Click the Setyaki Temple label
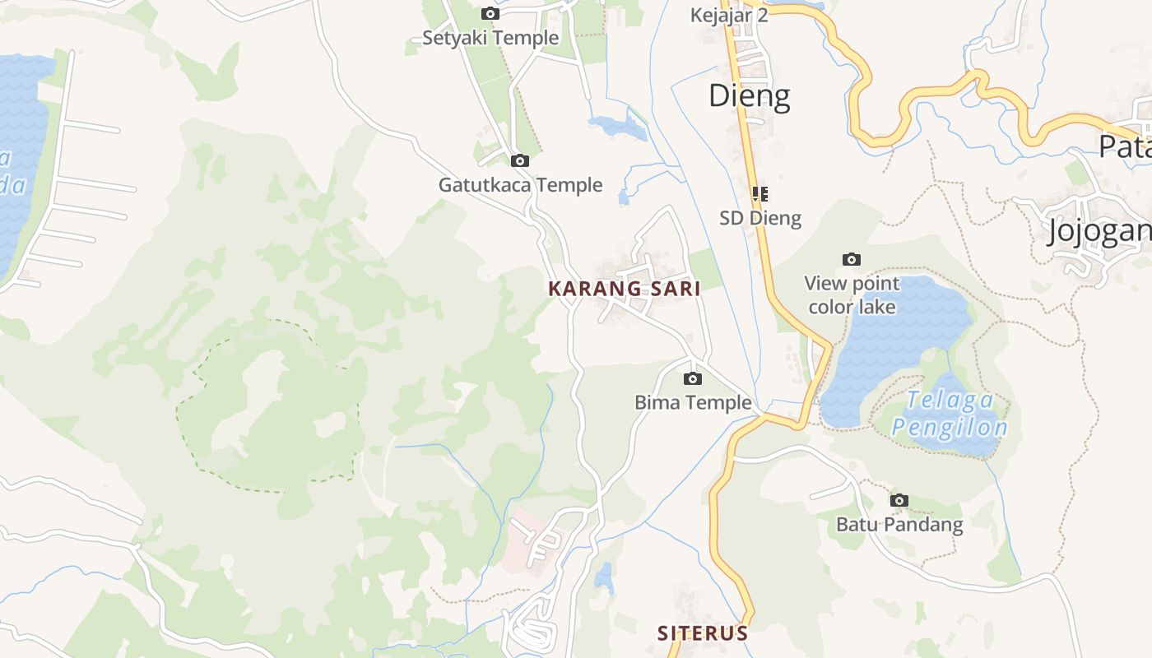(x=490, y=38)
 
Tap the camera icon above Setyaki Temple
(x=490, y=13)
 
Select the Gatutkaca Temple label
(x=520, y=185)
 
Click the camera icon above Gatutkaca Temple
(x=519, y=160)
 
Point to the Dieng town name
(x=749, y=96)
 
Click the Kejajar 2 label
(x=729, y=16)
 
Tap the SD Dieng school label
(x=760, y=218)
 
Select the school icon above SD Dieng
(x=760, y=194)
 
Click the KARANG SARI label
(x=624, y=289)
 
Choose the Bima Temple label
(x=693, y=402)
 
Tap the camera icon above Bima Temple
(x=693, y=378)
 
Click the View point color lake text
(x=852, y=295)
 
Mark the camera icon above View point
(x=852, y=260)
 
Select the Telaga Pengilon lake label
(x=950, y=414)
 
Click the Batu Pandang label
(x=899, y=524)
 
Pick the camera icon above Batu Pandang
(x=899, y=500)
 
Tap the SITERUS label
(x=703, y=633)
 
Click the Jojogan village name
(x=1099, y=231)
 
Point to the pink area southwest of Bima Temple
(x=527, y=539)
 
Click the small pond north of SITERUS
(x=605, y=577)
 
